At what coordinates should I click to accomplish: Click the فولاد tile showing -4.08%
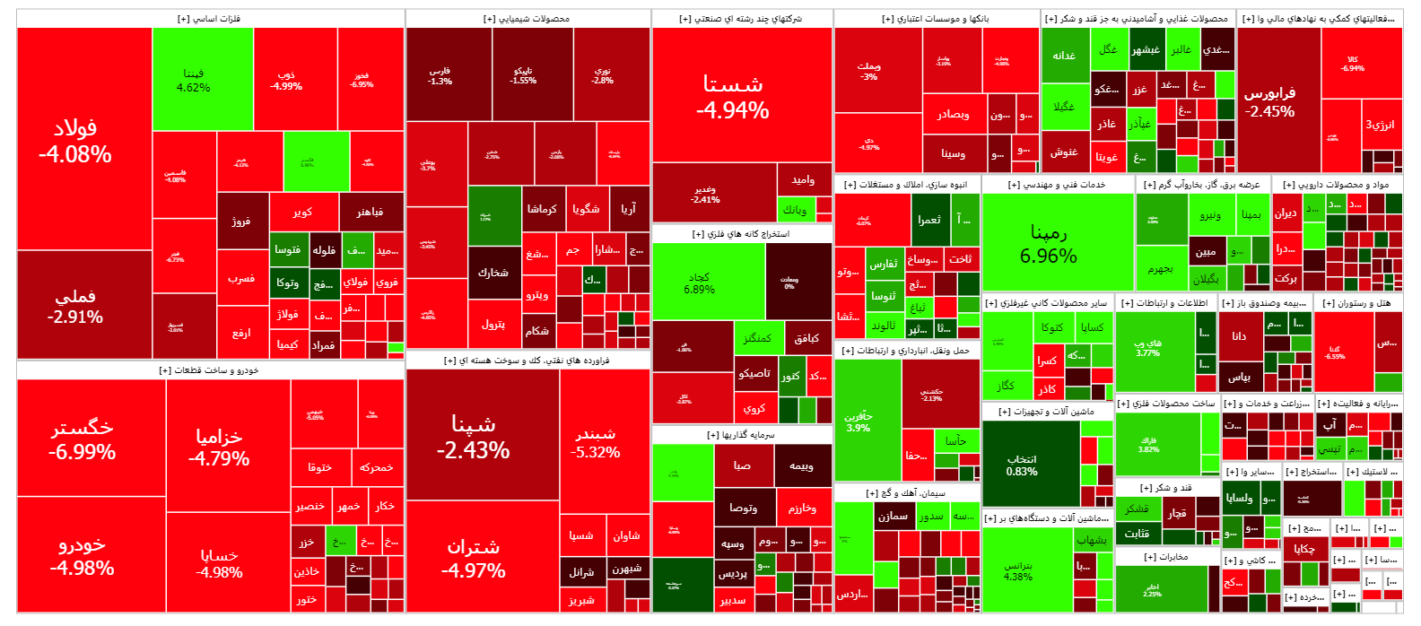pyautogui.click(x=75, y=140)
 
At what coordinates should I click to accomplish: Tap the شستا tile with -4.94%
pyautogui.click(x=733, y=97)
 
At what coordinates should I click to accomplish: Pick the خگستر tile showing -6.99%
pyautogui.click(x=83, y=439)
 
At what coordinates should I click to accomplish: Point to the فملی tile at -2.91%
pyautogui.click(x=75, y=306)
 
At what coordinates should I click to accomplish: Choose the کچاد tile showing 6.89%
pyautogui.click(x=700, y=283)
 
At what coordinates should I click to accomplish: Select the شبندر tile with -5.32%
pyautogui.click(x=596, y=442)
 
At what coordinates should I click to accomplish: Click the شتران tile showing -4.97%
pyautogui.click(x=474, y=558)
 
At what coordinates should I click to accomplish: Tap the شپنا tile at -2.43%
pyautogui.click(x=474, y=437)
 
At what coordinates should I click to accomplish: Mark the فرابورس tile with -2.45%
pyautogui.click(x=1270, y=101)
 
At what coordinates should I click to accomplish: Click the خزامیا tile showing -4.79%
pyautogui.click(x=219, y=447)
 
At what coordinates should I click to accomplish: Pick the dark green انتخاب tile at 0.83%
pyautogui.click(x=1022, y=465)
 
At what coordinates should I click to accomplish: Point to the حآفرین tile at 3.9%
pyautogui.click(x=859, y=422)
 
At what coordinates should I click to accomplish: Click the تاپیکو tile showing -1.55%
pyautogui.click(x=523, y=75)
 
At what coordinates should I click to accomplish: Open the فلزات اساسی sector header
pyautogui.click(x=209, y=19)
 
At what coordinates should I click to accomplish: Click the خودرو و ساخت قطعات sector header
pyautogui.click(x=209, y=370)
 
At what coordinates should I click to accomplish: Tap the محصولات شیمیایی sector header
pyautogui.click(x=527, y=19)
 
